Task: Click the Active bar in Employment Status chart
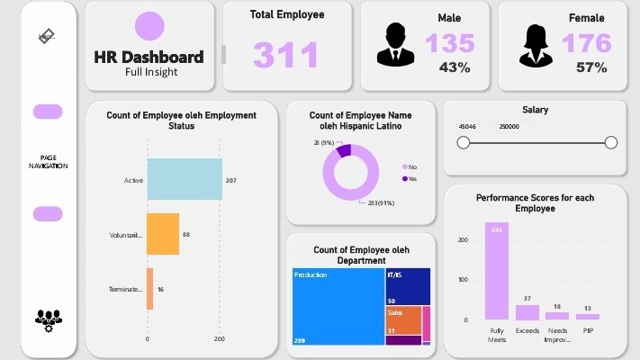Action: pos(185,179)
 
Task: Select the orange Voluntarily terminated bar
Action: pos(163,234)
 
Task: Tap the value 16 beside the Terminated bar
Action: pos(160,289)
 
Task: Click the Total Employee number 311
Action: pos(285,54)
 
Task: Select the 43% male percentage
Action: pos(455,67)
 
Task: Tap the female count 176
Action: pos(586,43)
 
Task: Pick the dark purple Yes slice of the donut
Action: pos(343,150)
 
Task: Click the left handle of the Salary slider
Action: pos(464,142)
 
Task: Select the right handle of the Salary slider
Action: pos(611,142)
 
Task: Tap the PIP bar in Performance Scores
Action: pos(588,316)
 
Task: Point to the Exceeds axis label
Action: pos(527,330)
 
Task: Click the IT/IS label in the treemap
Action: pos(394,273)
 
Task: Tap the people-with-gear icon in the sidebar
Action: pos(49,319)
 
